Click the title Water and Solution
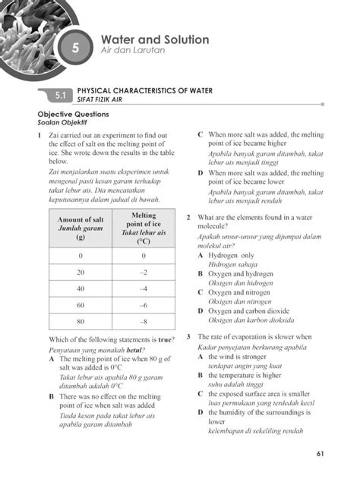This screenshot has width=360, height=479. (x=155, y=39)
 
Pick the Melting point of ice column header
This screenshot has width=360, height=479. (x=143, y=228)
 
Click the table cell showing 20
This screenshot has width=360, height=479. (x=80, y=272)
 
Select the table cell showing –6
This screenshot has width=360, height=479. (x=143, y=304)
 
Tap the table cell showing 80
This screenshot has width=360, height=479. (x=80, y=320)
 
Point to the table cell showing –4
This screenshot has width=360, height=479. (x=143, y=288)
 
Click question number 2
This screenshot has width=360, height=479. (x=189, y=218)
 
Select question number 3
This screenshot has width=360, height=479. (x=189, y=336)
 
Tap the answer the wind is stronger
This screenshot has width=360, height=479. (x=237, y=355)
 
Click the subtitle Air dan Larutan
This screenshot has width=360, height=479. (x=133, y=51)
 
